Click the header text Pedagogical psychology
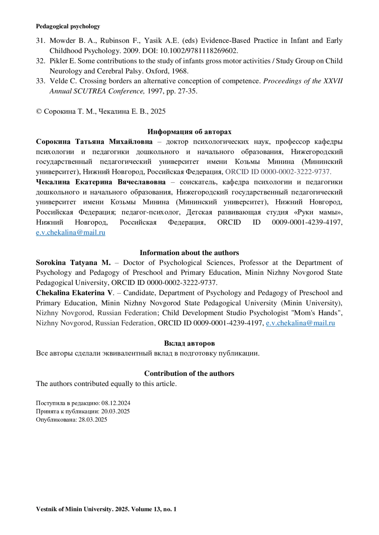coord(68,26)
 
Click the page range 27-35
coord(188,91)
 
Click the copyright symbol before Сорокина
coord(39,112)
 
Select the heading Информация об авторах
coord(189,132)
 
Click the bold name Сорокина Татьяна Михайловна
coord(94,142)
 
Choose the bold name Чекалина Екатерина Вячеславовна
coord(101,182)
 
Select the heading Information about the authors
coord(189,253)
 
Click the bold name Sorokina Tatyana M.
coord(73,263)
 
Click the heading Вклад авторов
coord(189,343)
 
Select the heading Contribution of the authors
coord(189,374)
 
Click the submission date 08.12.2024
coord(116,403)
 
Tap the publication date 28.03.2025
coord(93,420)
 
